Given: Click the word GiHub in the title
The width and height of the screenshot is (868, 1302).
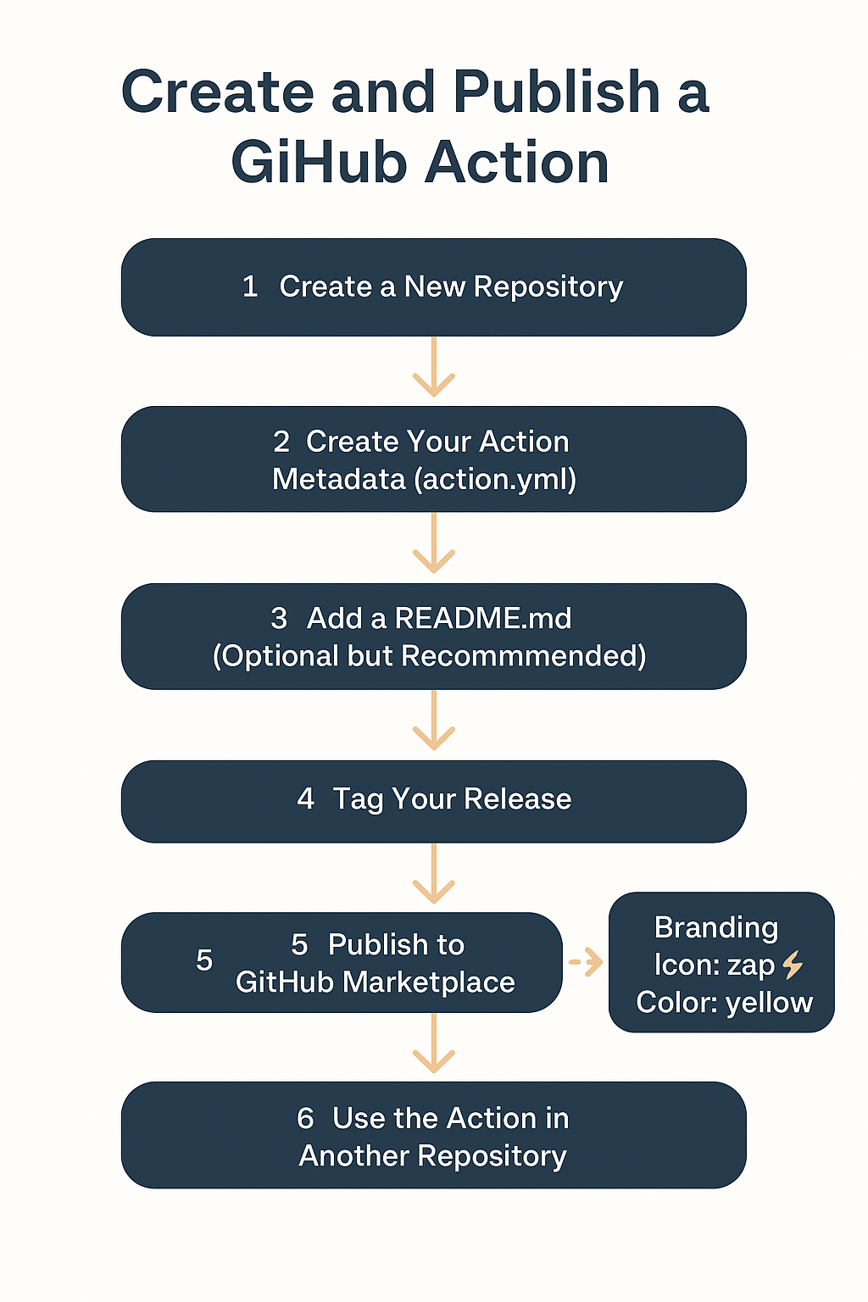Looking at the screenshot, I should tap(320, 163).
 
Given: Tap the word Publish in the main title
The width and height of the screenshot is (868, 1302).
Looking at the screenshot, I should tap(556, 92).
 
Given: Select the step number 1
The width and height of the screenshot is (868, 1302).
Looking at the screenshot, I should tap(250, 287).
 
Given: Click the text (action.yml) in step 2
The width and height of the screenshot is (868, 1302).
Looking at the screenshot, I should tap(496, 480).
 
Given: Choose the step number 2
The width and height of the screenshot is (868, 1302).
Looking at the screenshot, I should tap(281, 442).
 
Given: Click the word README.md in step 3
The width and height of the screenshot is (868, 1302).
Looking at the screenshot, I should tap(483, 619).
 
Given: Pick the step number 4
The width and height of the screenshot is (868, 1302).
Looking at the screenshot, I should tap(305, 798).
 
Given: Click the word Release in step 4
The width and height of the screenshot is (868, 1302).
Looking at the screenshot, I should tap(518, 799).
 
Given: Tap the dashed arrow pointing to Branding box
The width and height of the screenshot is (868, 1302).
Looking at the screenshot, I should tap(586, 962).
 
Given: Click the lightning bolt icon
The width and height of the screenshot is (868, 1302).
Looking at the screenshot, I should tap(793, 965).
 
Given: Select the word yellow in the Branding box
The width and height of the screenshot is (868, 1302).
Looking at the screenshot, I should tap(770, 1003).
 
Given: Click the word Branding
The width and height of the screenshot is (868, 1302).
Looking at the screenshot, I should tap(716, 927).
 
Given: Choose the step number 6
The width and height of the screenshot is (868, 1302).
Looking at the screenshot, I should tap(305, 1119).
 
